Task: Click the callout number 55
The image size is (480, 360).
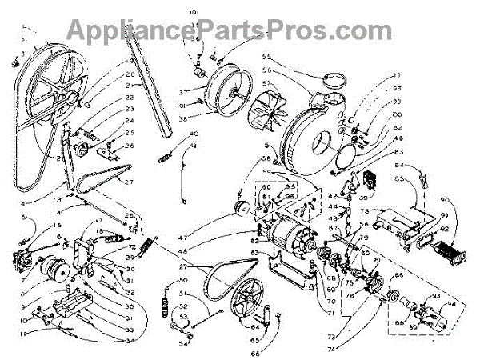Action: (267, 58)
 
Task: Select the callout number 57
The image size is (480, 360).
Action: (266, 83)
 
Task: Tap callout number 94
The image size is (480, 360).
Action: (453, 303)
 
